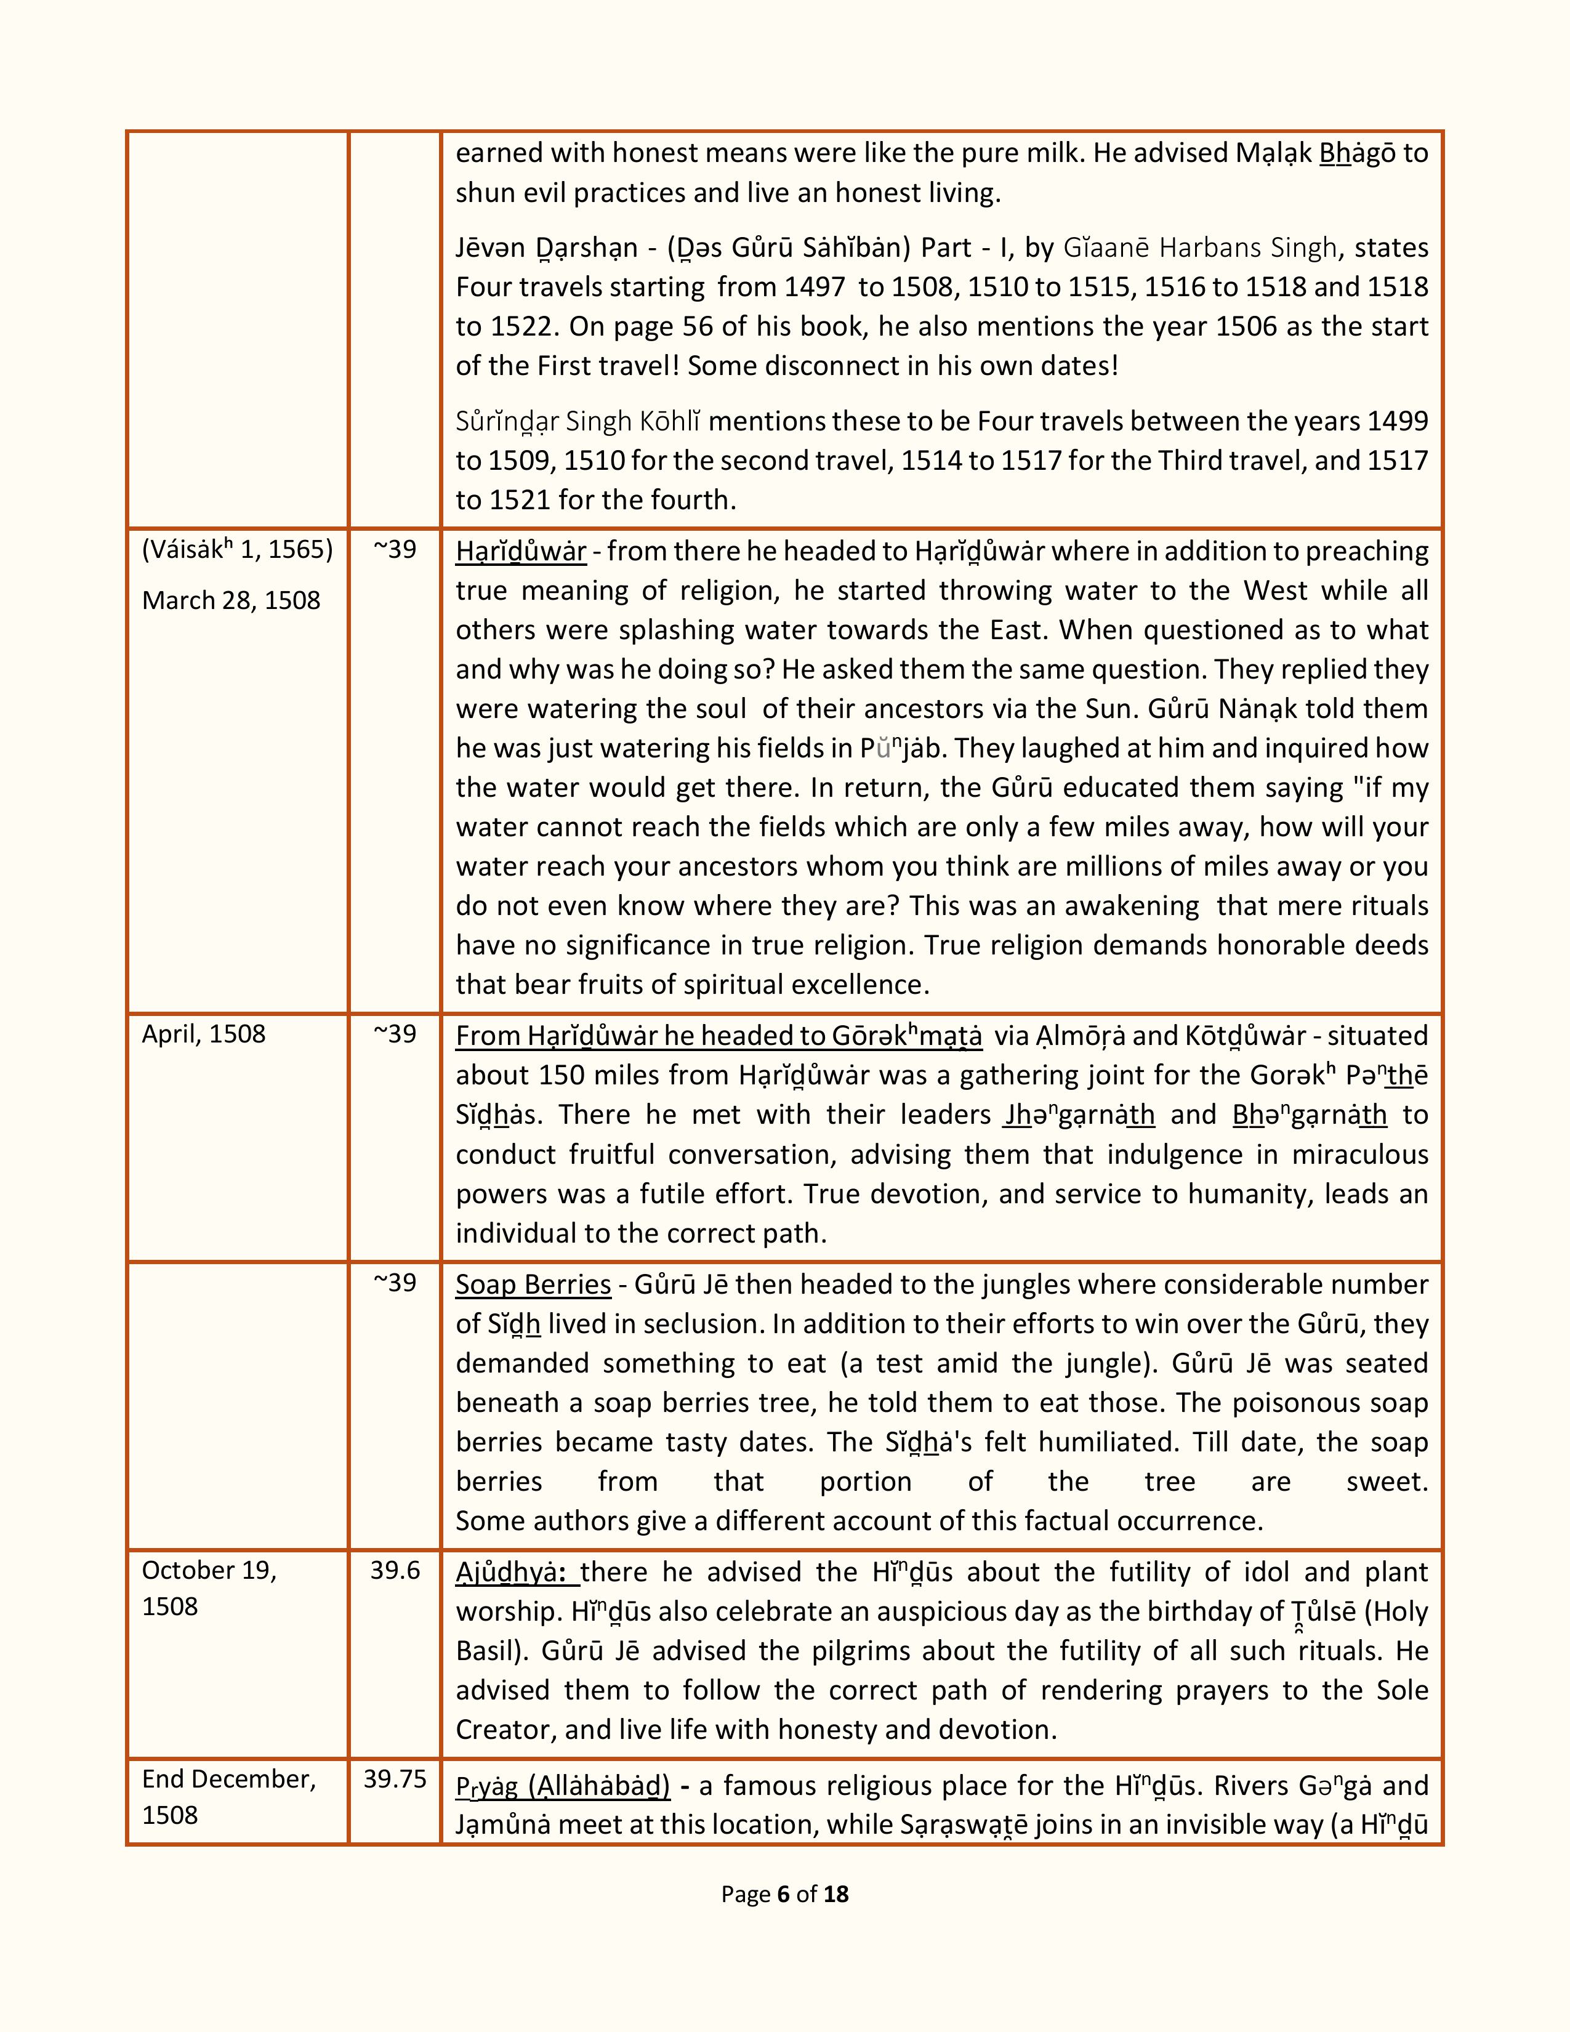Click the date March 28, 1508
click(x=231, y=600)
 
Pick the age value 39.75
click(x=395, y=1778)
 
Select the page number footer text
click(x=784, y=1893)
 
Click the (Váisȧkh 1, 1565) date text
click(x=237, y=550)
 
